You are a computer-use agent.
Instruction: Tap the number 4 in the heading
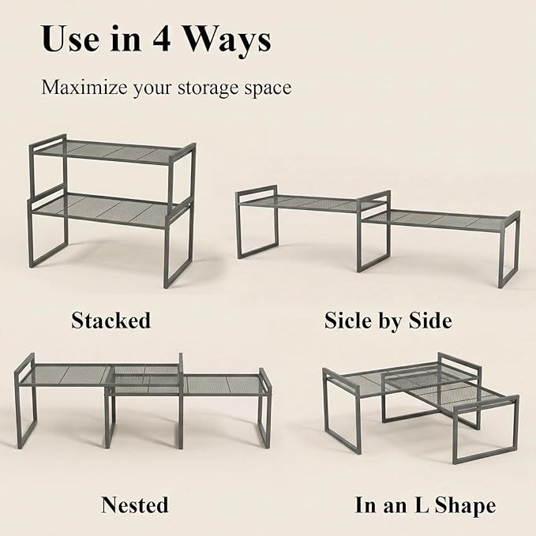[162, 39]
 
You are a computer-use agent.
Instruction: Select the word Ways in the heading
[227, 41]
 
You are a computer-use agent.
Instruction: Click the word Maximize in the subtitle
[84, 87]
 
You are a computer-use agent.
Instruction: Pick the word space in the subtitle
[268, 89]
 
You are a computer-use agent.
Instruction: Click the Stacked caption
[111, 320]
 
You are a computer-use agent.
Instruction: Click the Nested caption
[135, 504]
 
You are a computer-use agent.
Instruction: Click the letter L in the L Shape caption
[422, 504]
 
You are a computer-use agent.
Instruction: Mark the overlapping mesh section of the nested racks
[146, 380]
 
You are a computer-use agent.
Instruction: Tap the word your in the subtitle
[153, 89]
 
